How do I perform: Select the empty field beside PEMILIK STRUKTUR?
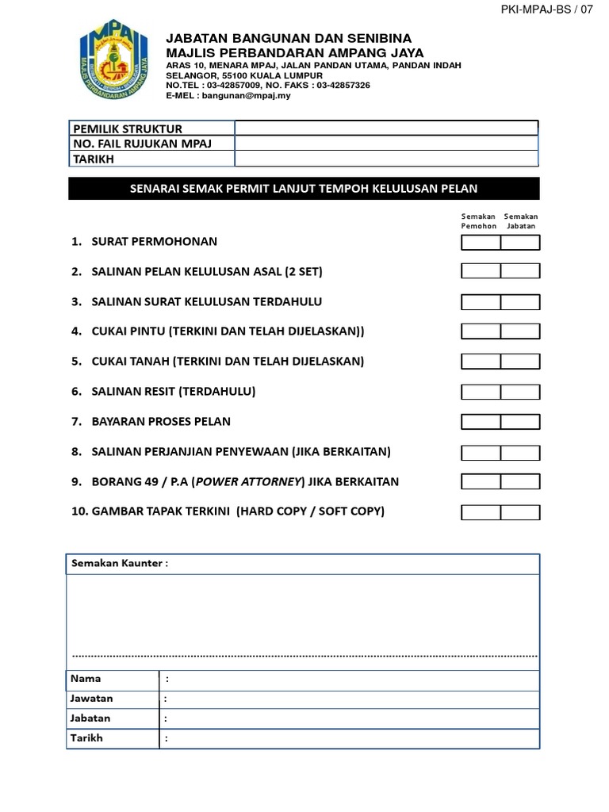(386, 128)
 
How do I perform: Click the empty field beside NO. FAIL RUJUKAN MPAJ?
(386, 143)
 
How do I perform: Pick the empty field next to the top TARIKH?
(386, 159)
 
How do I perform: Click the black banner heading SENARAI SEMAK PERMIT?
(304, 188)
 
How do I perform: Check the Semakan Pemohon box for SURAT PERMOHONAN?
(481, 242)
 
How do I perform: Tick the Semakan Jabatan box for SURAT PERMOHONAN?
(520, 242)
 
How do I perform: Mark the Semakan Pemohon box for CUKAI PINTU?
(481, 331)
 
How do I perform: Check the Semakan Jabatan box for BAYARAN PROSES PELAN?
(520, 421)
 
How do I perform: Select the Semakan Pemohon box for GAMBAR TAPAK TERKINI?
(481, 511)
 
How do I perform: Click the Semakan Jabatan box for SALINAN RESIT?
(520, 392)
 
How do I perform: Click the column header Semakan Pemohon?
(479, 220)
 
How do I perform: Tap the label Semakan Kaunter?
(120, 563)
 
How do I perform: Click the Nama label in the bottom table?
(86, 679)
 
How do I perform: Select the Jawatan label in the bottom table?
(91, 699)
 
